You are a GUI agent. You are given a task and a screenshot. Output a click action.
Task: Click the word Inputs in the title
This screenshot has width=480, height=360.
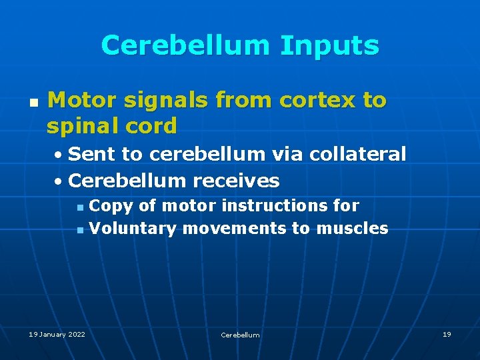[329, 46]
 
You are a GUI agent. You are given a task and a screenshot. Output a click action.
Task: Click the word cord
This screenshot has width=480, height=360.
[152, 125]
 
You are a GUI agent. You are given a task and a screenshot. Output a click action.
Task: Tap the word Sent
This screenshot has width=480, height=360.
[92, 154]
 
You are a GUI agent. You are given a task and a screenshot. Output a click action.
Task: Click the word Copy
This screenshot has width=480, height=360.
[111, 206]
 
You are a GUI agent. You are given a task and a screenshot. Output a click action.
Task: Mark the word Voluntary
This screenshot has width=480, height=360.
[133, 229]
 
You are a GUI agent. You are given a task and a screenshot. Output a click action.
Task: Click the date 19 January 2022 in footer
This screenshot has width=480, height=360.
[57, 334]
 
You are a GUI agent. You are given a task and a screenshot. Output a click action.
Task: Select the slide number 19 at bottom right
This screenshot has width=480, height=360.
[447, 334]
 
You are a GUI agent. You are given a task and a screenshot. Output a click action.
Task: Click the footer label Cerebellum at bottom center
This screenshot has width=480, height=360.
[240, 335]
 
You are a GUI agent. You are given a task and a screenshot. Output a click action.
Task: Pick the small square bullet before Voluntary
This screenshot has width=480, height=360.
[80, 230]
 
